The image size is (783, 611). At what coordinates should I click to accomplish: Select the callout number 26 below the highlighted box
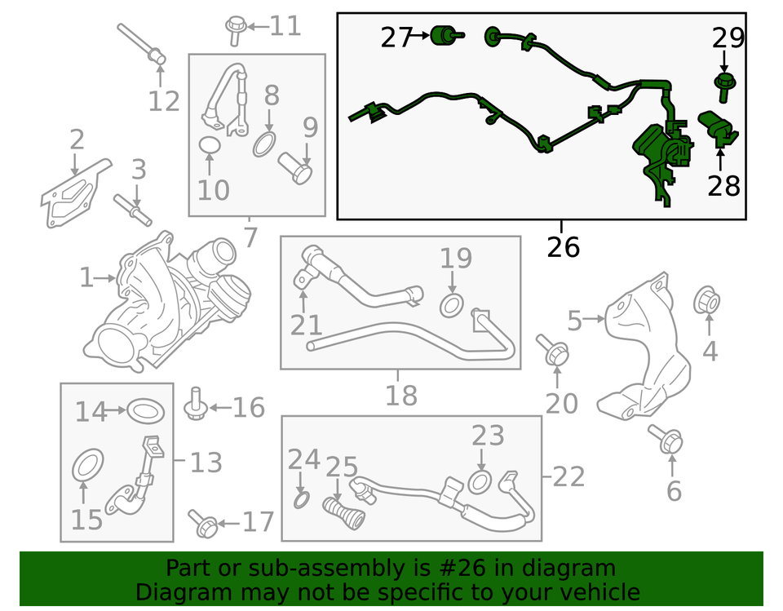[563, 246]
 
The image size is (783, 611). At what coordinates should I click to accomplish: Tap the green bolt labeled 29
[723, 82]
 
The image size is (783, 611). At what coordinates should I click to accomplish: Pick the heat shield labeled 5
[644, 351]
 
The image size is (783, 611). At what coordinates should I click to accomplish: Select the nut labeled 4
[707, 302]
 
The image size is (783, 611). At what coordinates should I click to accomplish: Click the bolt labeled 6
[666, 441]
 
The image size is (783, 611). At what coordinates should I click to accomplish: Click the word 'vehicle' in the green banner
[599, 591]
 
